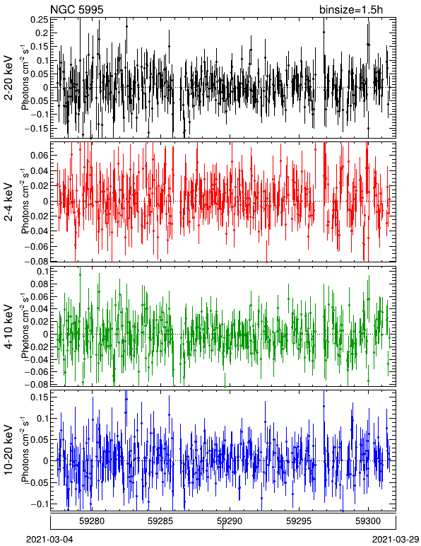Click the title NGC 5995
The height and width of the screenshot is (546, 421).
77,9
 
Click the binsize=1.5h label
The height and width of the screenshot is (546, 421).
351,9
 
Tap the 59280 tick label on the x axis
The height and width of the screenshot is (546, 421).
92,521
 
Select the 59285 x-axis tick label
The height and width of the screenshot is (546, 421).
160,521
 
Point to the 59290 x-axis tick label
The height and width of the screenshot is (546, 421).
230,521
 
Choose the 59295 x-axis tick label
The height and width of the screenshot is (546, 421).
298,521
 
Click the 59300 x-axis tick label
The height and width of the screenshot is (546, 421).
368,521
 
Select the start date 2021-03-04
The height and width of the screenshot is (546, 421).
50,540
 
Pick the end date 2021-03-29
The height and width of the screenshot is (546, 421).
396,540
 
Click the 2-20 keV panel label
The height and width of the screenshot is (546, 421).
8,78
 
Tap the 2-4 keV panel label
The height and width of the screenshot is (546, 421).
8,202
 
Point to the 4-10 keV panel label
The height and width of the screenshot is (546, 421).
8,326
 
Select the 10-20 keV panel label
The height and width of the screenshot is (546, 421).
8,450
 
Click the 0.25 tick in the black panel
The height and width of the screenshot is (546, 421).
39,20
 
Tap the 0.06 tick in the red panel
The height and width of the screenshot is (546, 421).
39,155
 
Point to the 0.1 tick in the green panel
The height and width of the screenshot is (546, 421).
42,271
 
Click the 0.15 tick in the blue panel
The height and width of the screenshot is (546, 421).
39,397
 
